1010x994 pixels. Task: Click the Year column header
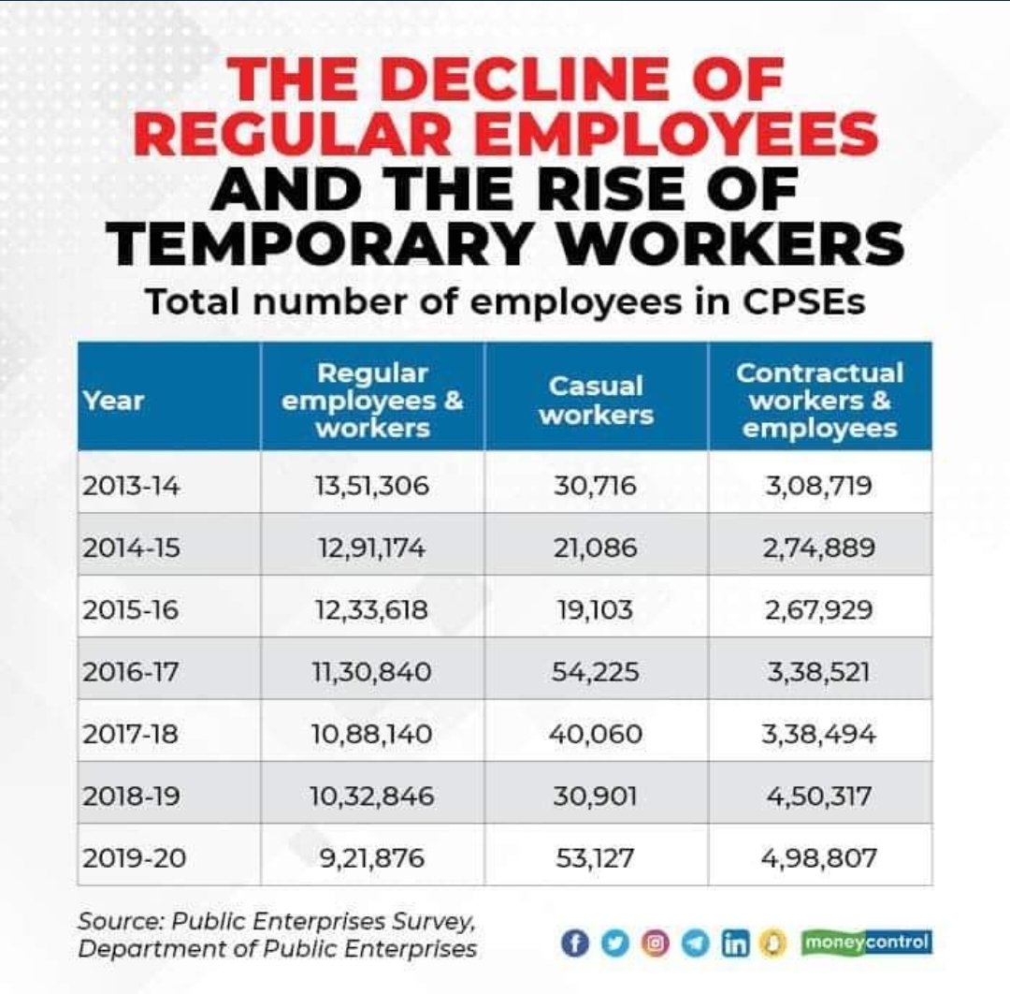click(x=113, y=401)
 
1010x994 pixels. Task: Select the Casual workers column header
click(x=596, y=401)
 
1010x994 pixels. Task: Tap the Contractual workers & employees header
click(x=819, y=401)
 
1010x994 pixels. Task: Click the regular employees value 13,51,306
click(x=372, y=487)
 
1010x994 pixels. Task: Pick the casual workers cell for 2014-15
click(x=596, y=548)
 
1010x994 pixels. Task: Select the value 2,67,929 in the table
click(x=819, y=610)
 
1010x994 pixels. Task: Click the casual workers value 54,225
click(x=596, y=672)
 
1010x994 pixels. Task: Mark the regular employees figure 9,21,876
click(x=372, y=857)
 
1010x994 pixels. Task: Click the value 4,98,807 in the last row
click(x=819, y=857)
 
